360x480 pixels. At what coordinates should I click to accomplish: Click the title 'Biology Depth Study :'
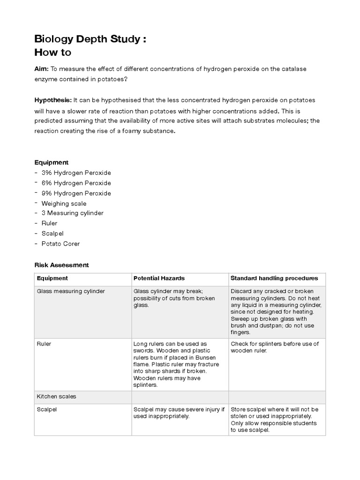pos(90,39)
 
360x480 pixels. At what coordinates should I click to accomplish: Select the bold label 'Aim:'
pos(41,69)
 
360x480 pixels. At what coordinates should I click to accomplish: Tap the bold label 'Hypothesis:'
pos(52,100)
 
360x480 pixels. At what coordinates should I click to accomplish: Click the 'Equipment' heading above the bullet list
pos(51,162)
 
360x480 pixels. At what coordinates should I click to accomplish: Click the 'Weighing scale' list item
pos(64,203)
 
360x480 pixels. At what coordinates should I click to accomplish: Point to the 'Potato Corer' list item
pos(60,244)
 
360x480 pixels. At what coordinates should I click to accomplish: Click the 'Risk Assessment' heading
pos(61,265)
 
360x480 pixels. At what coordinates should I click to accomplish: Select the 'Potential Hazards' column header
pos(159,278)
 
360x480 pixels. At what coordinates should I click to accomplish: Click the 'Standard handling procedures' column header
pos(274,278)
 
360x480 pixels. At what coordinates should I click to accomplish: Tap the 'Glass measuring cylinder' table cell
pos(71,291)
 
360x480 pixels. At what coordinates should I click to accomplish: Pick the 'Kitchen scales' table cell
pos(56,396)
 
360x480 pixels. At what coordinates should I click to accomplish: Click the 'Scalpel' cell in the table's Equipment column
pos(47,409)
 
